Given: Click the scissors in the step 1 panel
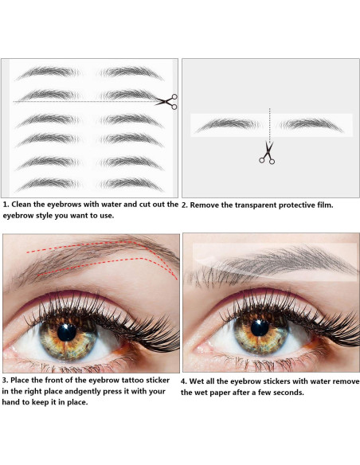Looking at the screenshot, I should click(x=166, y=101).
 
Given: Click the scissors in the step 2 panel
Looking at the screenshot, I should click(x=267, y=152).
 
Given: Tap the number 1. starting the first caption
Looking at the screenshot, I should click(x=6, y=205).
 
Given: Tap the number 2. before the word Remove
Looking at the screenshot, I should click(x=185, y=205).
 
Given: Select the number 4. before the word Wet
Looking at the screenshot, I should click(x=185, y=381).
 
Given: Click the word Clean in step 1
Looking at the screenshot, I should click(x=25, y=205).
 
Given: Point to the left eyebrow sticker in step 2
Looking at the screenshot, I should click(x=228, y=124).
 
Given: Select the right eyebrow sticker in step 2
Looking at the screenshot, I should click(x=312, y=124).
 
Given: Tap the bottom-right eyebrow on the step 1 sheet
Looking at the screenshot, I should click(x=132, y=184).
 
